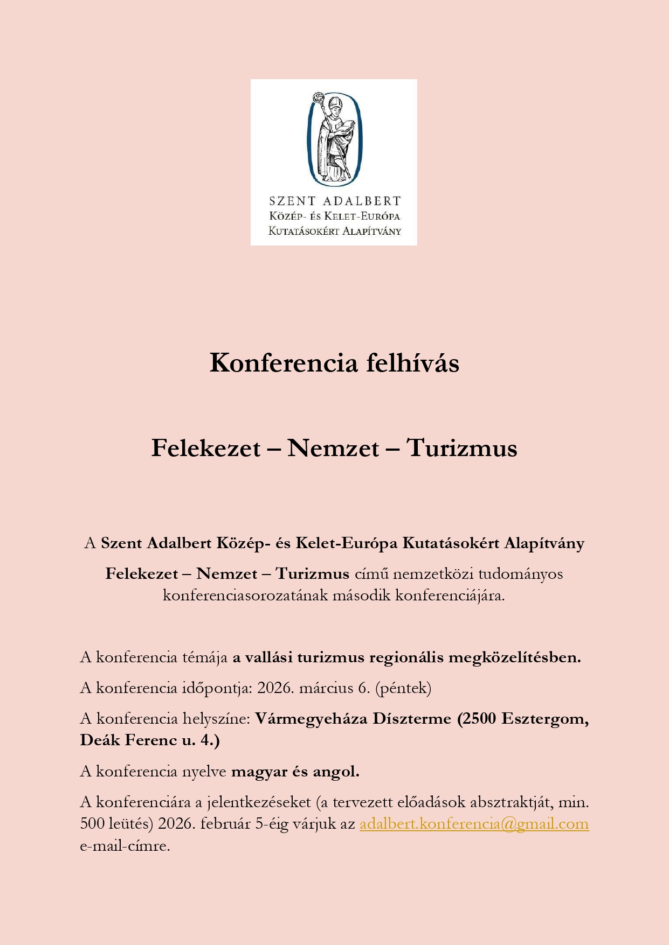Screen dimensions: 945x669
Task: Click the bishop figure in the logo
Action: tap(335, 138)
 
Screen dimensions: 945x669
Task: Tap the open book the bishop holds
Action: tap(347, 128)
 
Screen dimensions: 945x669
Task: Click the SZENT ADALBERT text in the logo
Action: tap(335, 201)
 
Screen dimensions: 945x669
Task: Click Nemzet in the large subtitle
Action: tap(333, 448)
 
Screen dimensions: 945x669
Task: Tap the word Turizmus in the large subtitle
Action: tap(462, 448)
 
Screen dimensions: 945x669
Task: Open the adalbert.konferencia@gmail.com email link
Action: tap(474, 824)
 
